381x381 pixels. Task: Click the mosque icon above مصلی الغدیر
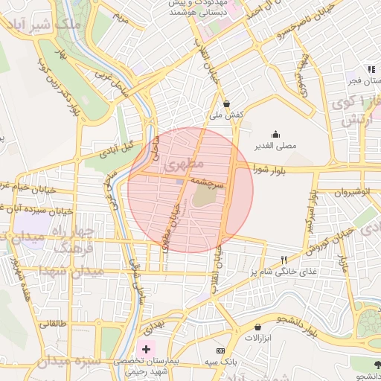pyautogui.click(x=276, y=135)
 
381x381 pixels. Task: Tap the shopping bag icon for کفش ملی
pyautogui.click(x=226, y=104)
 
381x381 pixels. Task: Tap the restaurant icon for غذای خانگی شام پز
pyautogui.click(x=284, y=260)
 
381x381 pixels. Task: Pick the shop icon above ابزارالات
pyautogui.click(x=257, y=327)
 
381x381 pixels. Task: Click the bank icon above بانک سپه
pyautogui.click(x=220, y=350)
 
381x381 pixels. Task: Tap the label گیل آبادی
pyautogui.click(x=115, y=144)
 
